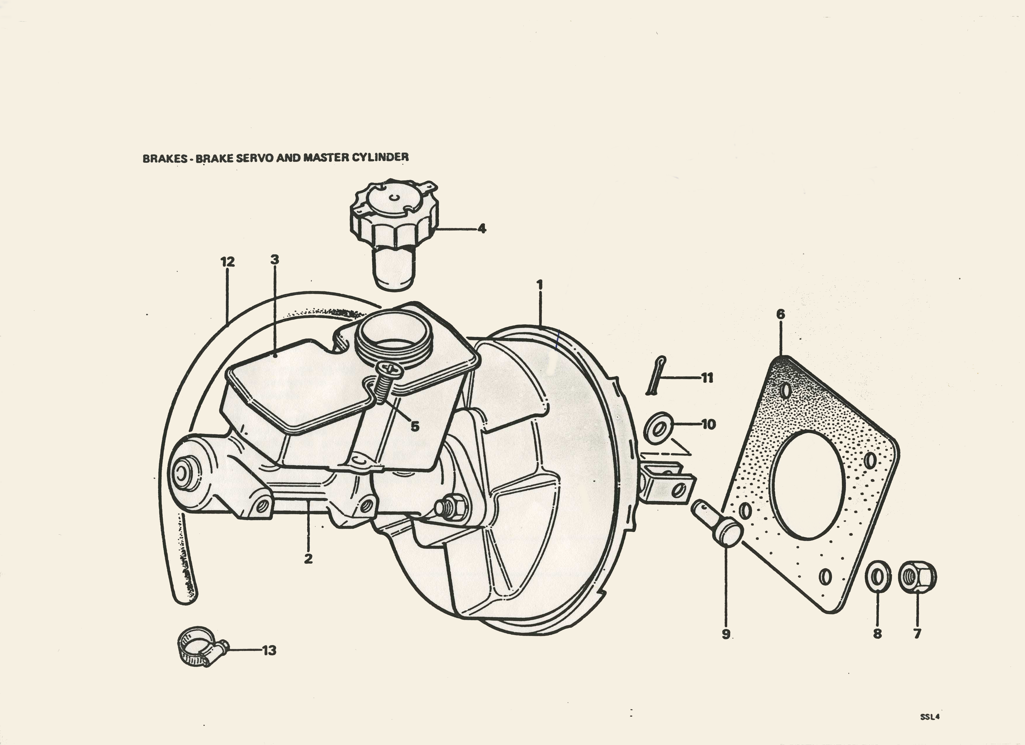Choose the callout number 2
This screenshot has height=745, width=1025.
[308, 559]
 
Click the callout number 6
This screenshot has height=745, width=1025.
[781, 314]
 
